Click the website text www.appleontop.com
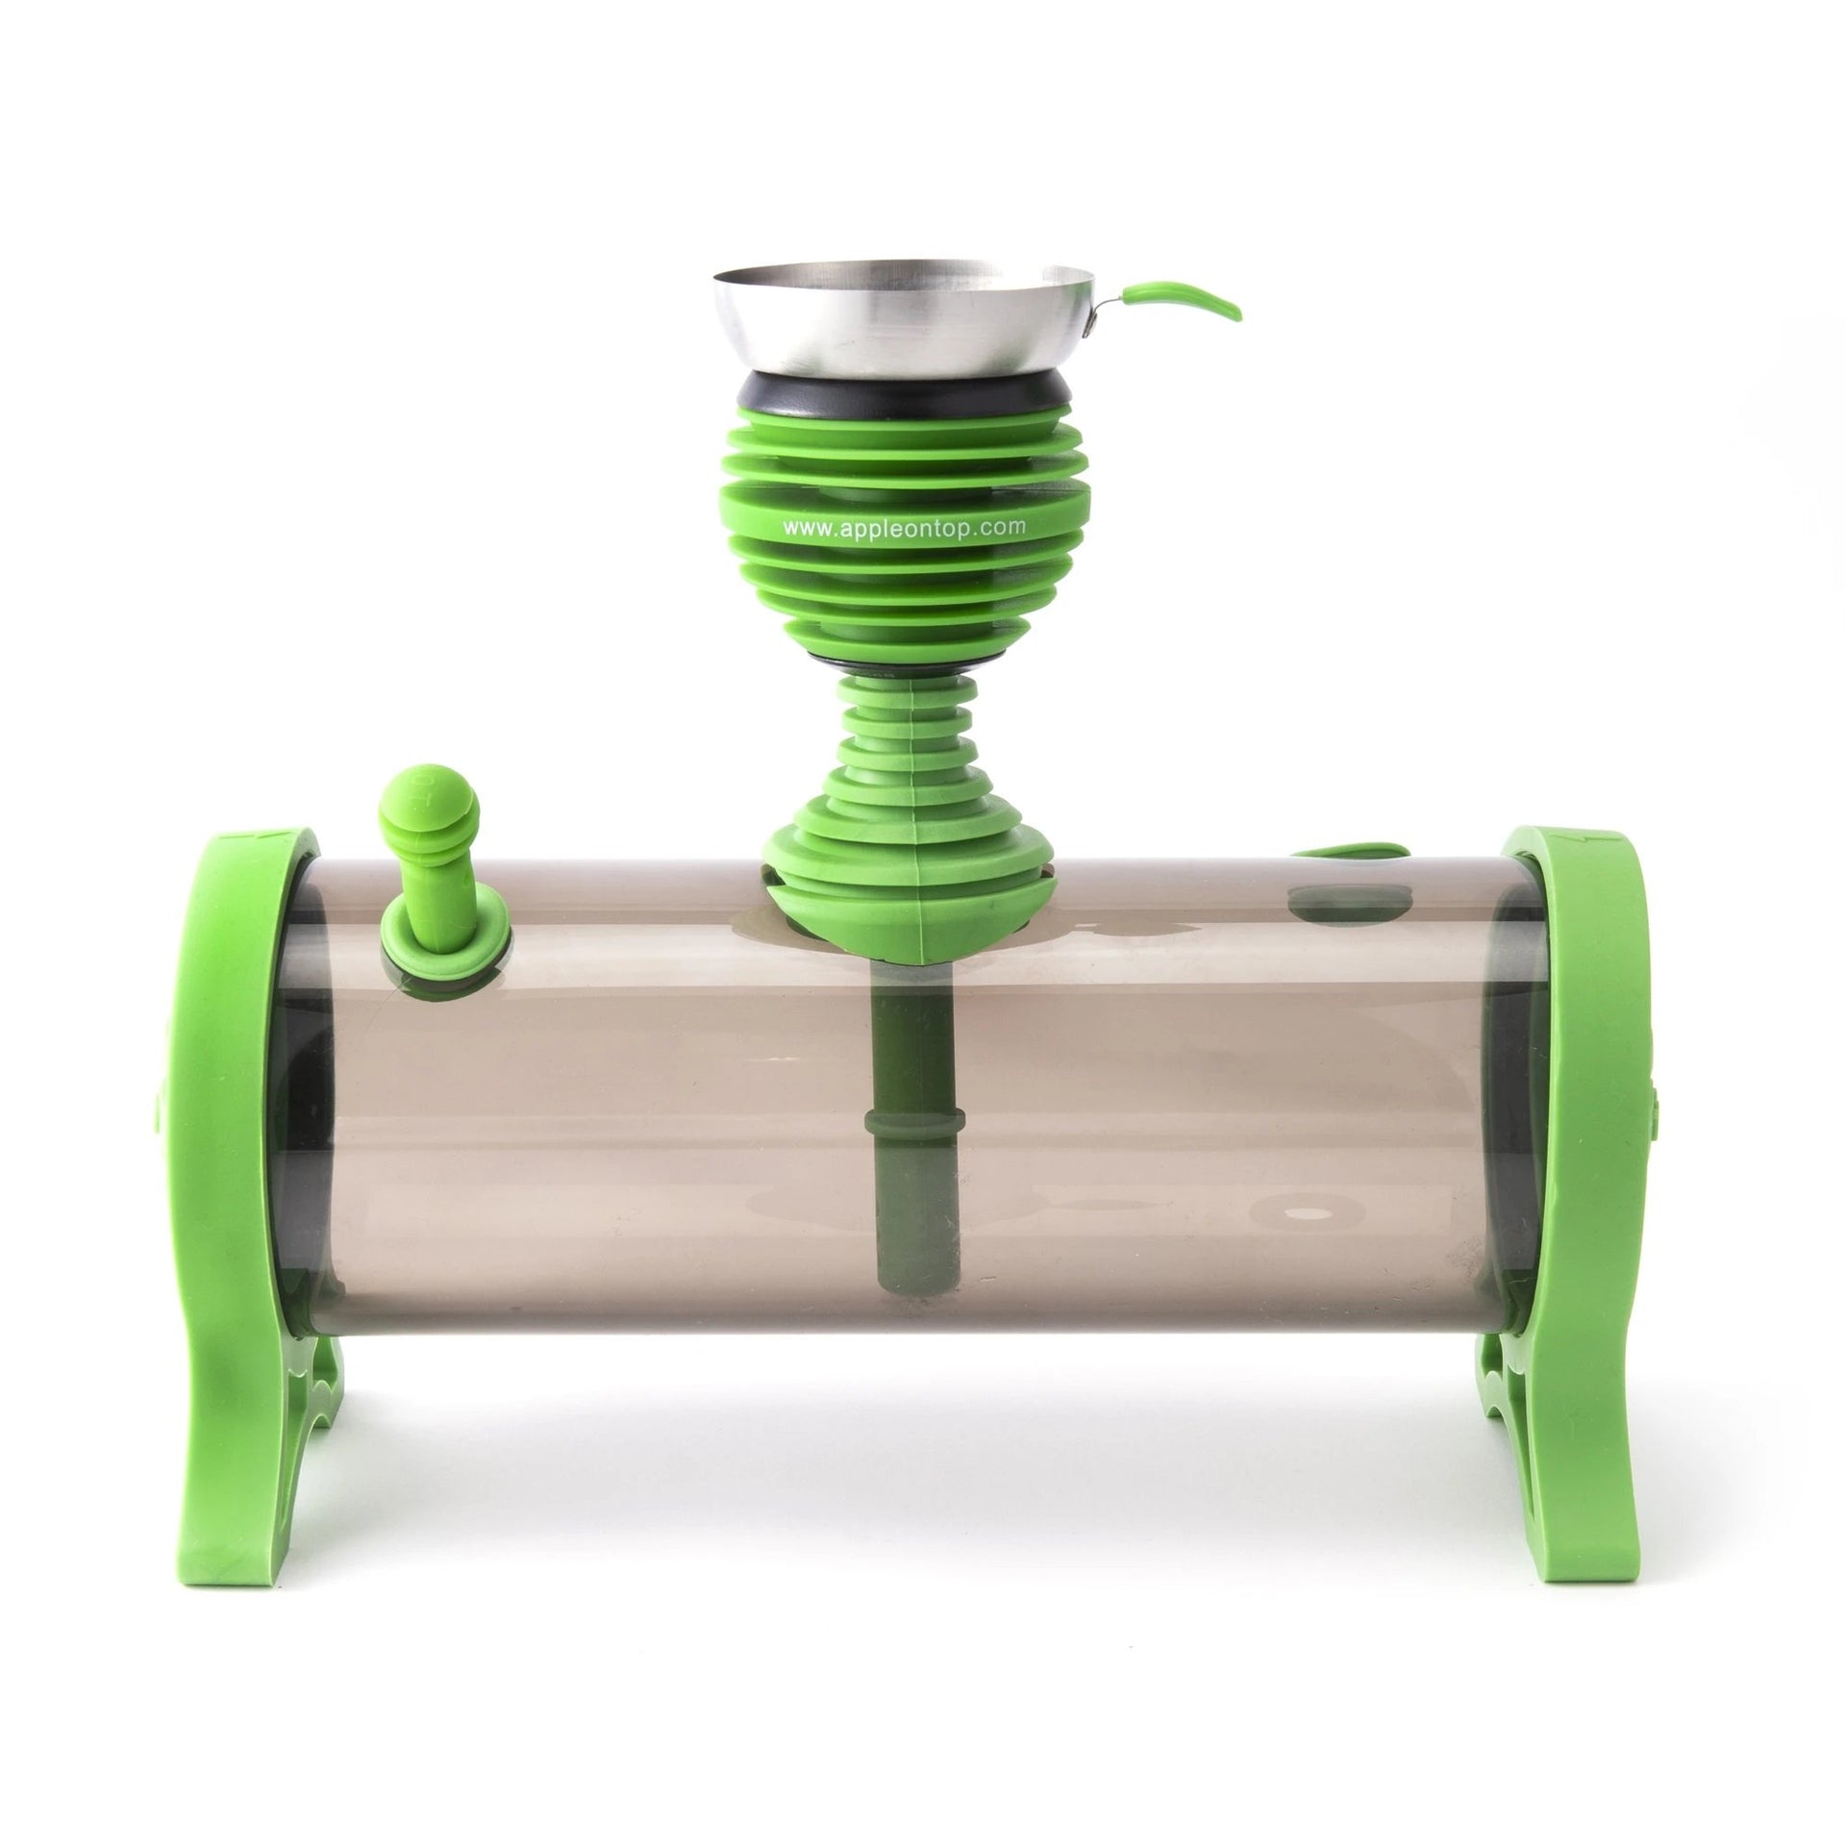(905, 526)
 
